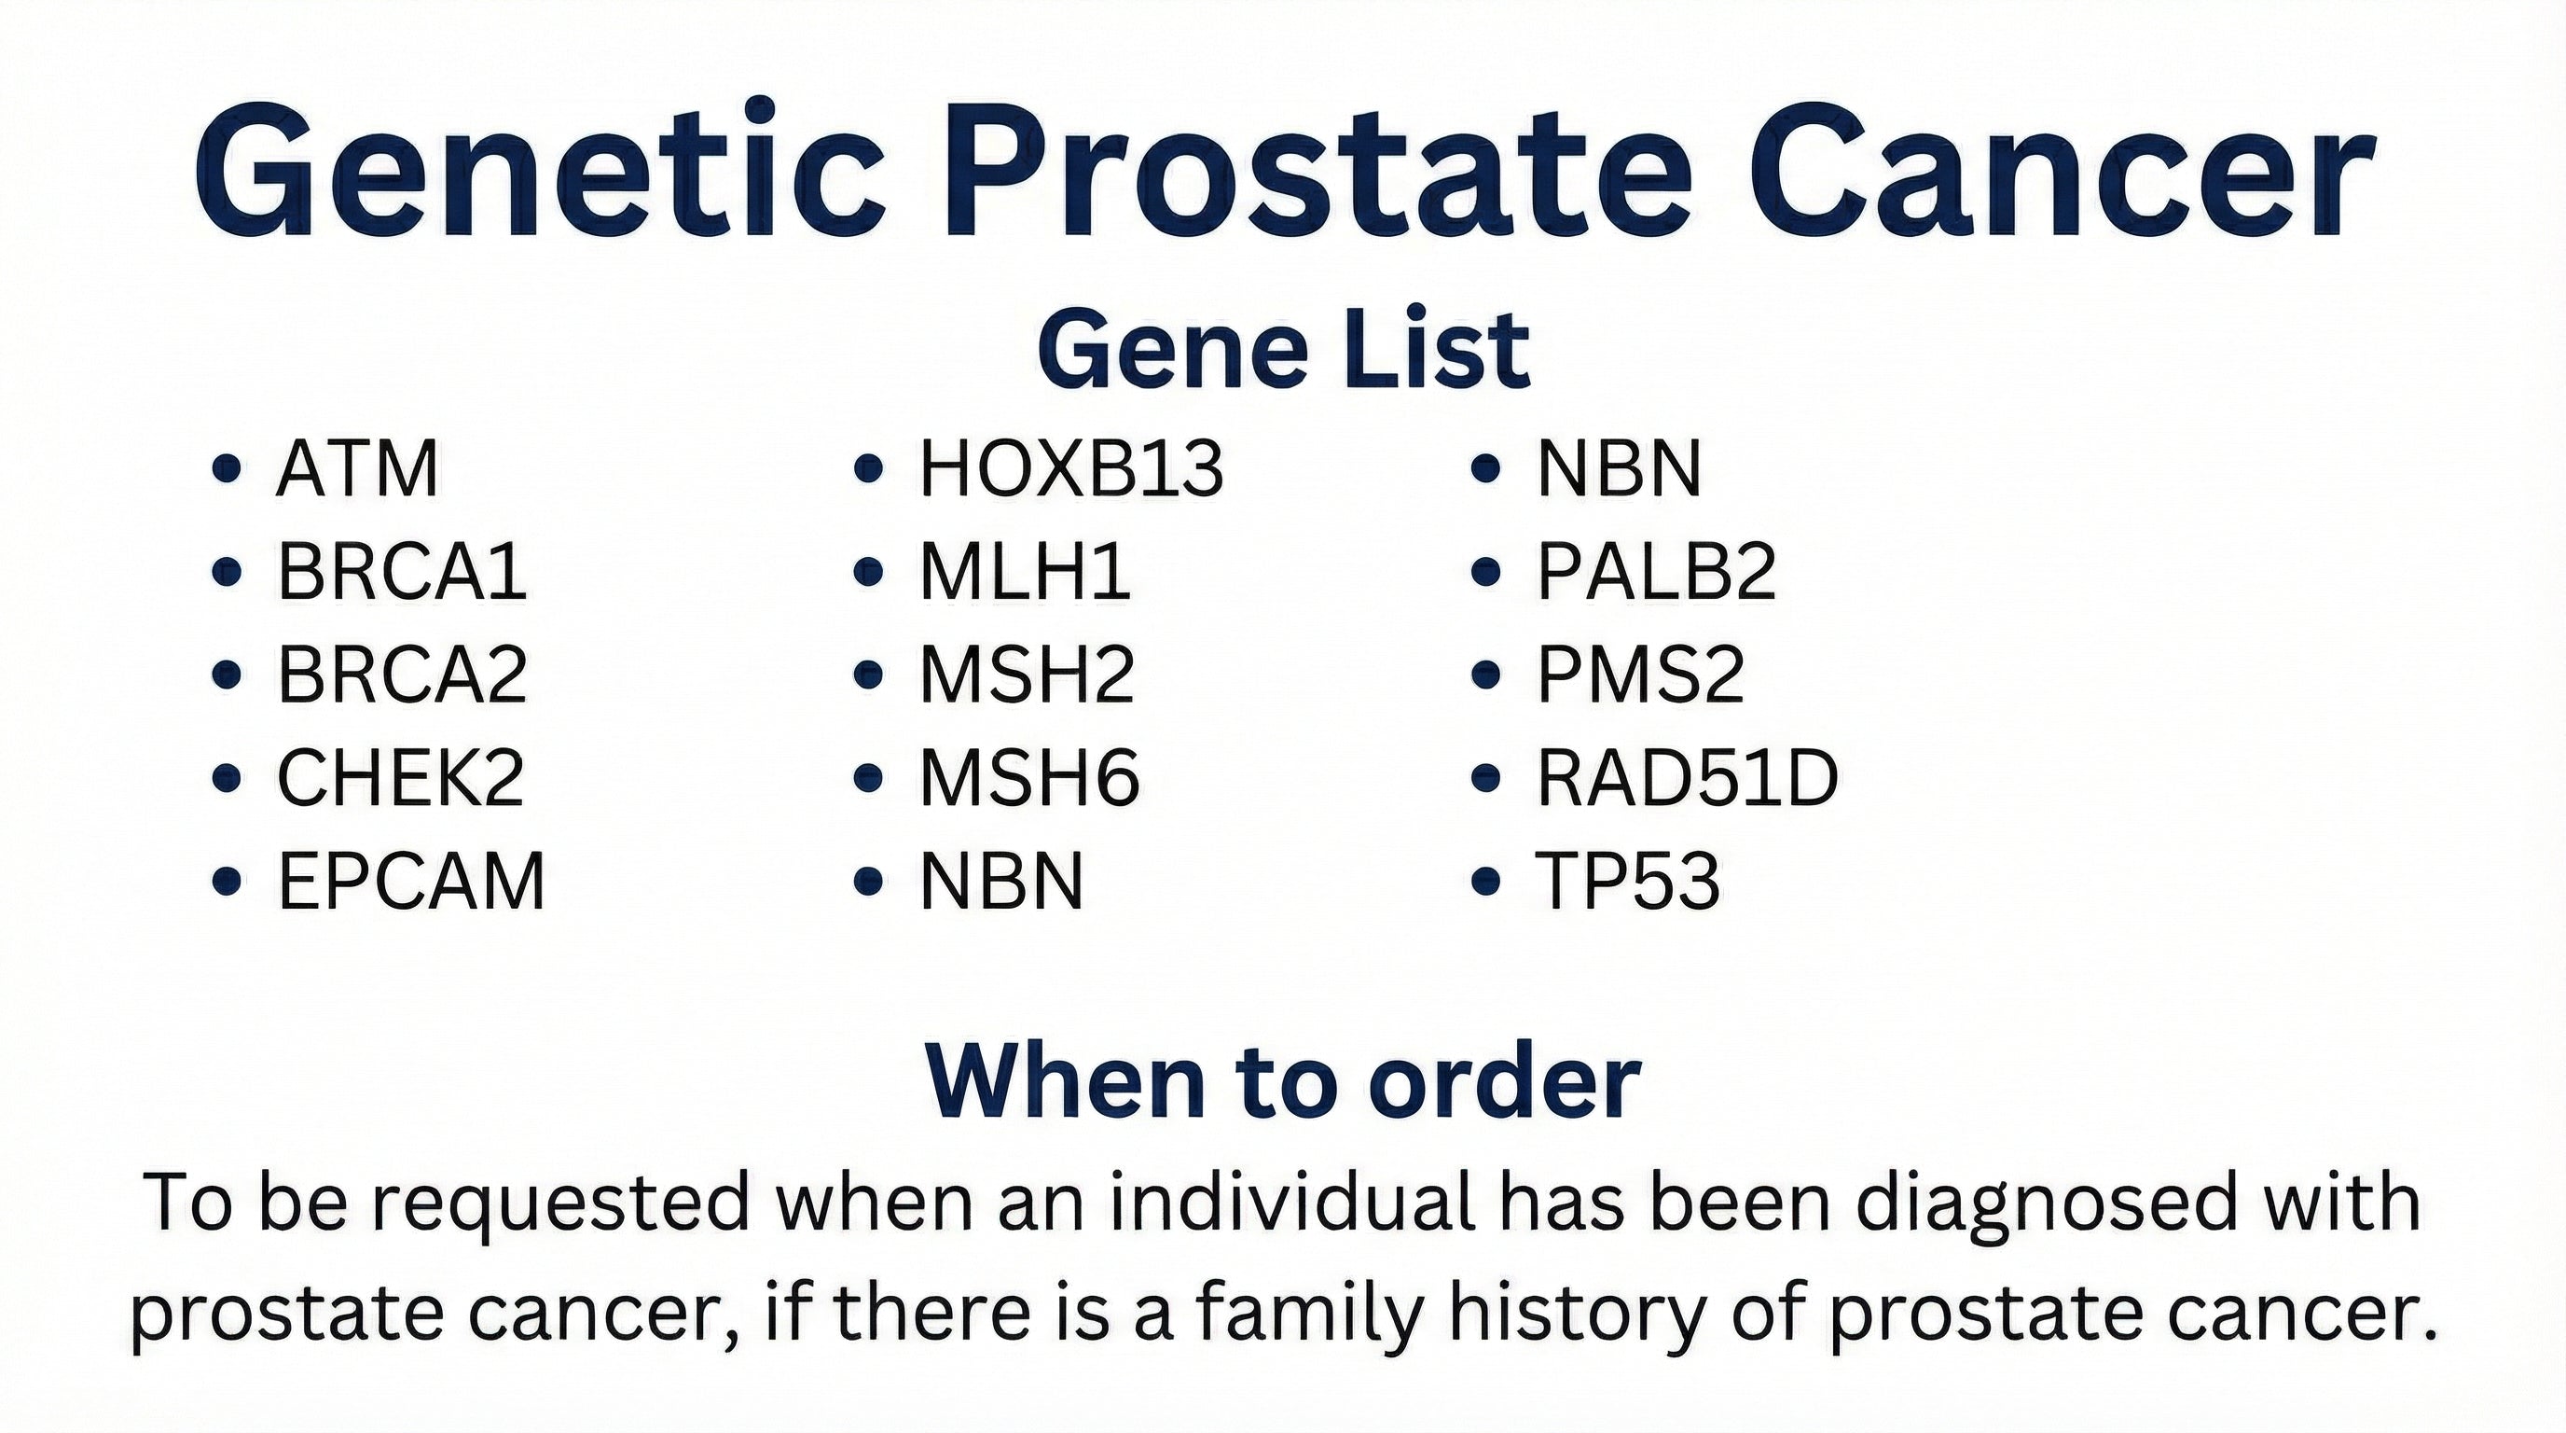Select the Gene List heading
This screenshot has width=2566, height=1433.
(1283, 349)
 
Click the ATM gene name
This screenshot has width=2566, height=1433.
(356, 469)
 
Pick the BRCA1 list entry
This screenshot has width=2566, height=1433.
(402, 573)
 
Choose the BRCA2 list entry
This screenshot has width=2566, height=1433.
(402, 675)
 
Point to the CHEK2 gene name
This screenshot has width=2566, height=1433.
(400, 778)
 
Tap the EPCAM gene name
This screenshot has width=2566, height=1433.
(411, 882)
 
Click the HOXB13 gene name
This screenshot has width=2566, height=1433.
(1070, 469)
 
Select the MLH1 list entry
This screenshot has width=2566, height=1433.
(1025, 573)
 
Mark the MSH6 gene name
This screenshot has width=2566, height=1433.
(1029, 778)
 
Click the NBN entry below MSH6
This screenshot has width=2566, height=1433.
(1001, 882)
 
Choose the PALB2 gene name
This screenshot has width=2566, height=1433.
(1657, 573)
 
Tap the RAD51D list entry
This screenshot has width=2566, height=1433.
(1688, 778)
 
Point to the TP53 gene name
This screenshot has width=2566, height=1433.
(1628, 882)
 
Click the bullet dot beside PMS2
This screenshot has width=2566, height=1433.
(1485, 675)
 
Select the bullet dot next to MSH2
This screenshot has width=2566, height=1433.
(869, 675)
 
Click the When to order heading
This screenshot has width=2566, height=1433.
(1283, 1083)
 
